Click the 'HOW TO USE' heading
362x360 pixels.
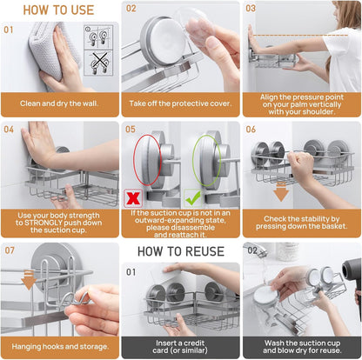(58, 10)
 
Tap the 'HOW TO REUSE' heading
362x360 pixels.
(181, 251)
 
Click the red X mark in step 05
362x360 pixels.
(133, 198)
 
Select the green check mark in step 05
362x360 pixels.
(193, 198)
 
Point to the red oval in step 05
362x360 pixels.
(134, 159)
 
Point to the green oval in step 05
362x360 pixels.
(193, 159)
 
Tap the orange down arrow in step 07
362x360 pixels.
(29, 280)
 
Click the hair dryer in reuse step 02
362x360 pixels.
(352, 278)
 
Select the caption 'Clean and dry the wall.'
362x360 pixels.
(59, 103)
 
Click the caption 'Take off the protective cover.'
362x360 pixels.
(180, 103)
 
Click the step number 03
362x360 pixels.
(251, 9)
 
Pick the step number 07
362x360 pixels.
(10, 250)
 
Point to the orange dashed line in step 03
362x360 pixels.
(300, 36)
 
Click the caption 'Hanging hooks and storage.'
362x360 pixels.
(60, 346)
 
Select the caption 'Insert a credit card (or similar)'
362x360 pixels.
(180, 347)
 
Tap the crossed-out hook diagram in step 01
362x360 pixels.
(98, 63)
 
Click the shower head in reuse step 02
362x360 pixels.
(256, 250)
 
